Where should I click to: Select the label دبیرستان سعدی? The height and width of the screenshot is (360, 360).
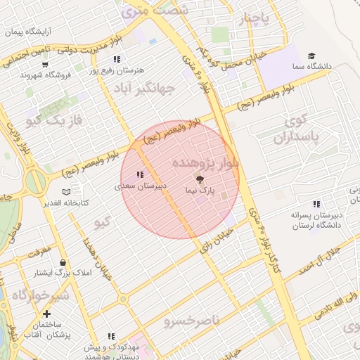141,186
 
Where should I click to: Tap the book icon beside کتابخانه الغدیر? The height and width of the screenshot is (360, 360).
66,191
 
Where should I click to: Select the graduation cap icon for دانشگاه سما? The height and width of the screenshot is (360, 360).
311,56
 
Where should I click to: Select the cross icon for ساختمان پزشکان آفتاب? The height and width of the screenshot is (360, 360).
46,314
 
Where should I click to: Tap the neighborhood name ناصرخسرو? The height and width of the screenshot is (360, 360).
191,321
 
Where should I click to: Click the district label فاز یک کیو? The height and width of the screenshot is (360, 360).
54,120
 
